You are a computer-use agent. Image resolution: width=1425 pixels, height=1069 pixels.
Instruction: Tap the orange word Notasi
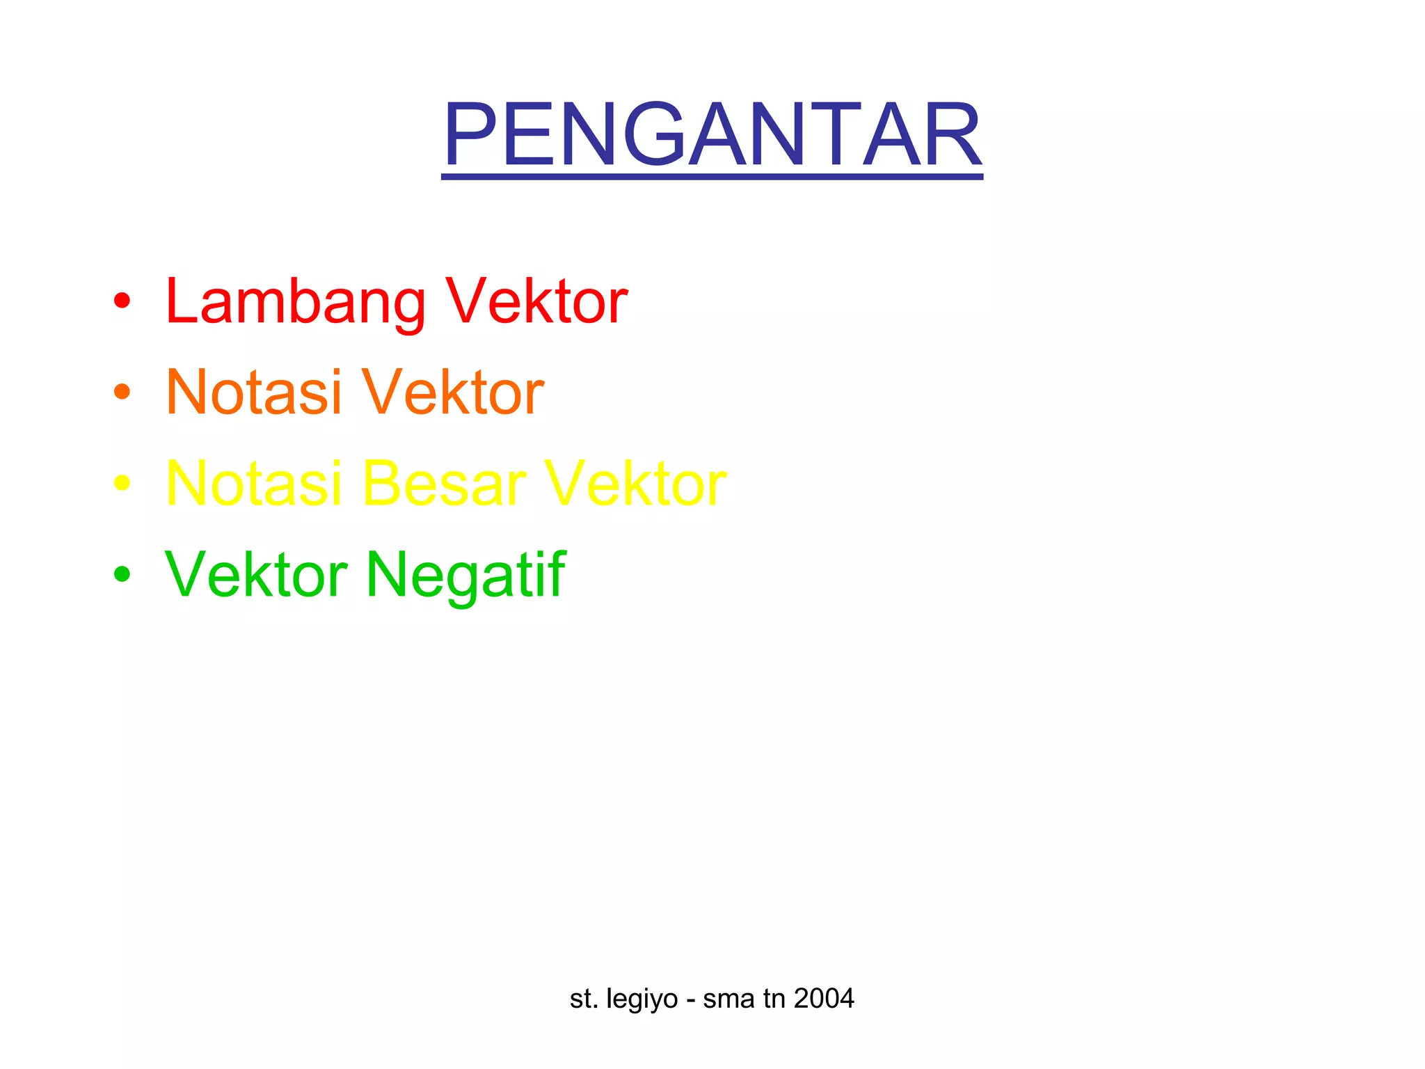point(253,393)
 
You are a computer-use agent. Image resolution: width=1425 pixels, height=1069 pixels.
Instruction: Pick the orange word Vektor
point(452,393)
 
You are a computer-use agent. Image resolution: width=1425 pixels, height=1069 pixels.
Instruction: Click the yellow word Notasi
point(253,484)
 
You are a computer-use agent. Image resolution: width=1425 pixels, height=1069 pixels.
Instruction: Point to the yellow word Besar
point(444,484)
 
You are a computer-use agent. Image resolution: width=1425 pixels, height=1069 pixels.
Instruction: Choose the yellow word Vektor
point(635,484)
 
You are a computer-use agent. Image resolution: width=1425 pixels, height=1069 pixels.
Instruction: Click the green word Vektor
point(256,575)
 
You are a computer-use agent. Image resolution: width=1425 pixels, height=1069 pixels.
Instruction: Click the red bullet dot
point(122,301)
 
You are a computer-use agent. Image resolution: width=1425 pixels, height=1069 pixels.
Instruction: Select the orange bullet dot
point(122,392)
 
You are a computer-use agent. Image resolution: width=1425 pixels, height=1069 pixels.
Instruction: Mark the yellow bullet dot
point(122,483)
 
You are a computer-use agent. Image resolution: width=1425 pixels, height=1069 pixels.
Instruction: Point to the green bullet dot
point(122,574)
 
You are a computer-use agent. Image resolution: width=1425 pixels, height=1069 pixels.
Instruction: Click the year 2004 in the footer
point(824,999)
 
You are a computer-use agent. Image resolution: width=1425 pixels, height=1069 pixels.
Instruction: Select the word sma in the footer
point(729,999)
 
